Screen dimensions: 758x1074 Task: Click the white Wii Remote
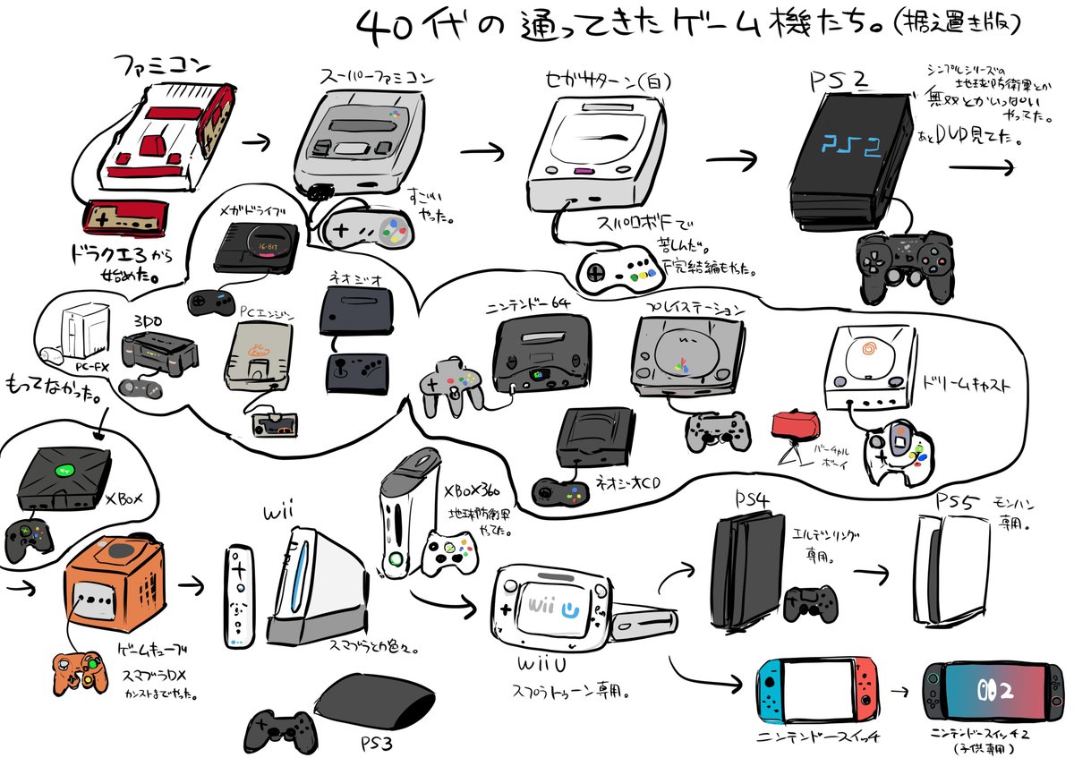point(236,595)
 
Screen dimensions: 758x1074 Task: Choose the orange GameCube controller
point(78,672)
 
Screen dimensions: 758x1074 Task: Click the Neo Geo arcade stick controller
point(355,372)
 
